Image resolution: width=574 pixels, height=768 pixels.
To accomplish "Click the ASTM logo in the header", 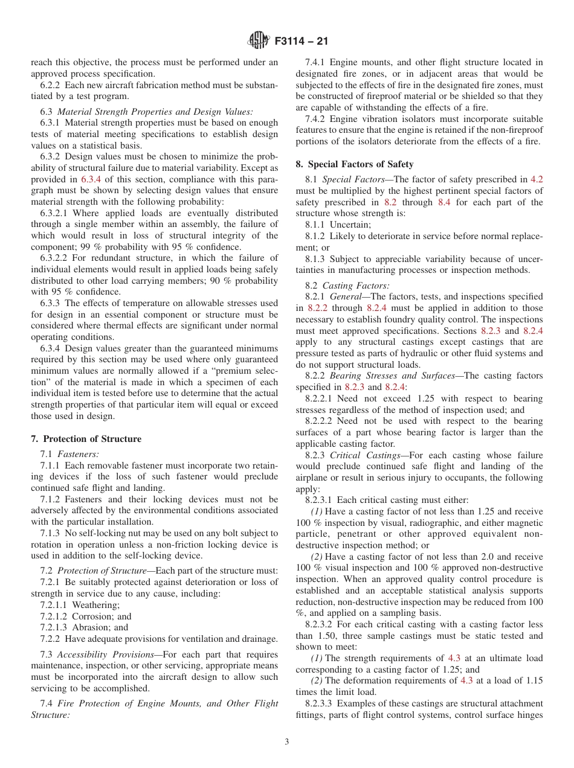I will click(259, 42).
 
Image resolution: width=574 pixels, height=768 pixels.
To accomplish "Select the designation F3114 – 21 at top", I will click(301, 42).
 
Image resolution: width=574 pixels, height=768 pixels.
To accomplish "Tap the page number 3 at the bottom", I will click(286, 742).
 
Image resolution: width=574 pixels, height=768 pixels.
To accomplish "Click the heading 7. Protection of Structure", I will click(86, 439).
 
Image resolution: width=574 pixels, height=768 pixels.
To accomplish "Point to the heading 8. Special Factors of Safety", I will click(355, 164).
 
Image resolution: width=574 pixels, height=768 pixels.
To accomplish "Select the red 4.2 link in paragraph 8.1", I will click(537, 179).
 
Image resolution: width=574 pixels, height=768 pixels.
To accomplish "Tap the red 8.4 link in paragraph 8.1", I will click(444, 202).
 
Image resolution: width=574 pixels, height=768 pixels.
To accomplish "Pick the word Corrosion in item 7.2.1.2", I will click(93, 616).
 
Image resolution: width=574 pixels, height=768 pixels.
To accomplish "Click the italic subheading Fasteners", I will click(78, 454).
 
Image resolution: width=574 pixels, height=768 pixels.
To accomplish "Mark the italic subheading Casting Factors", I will click(356, 286).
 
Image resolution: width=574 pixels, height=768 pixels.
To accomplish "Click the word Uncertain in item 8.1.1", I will click(350, 225).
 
